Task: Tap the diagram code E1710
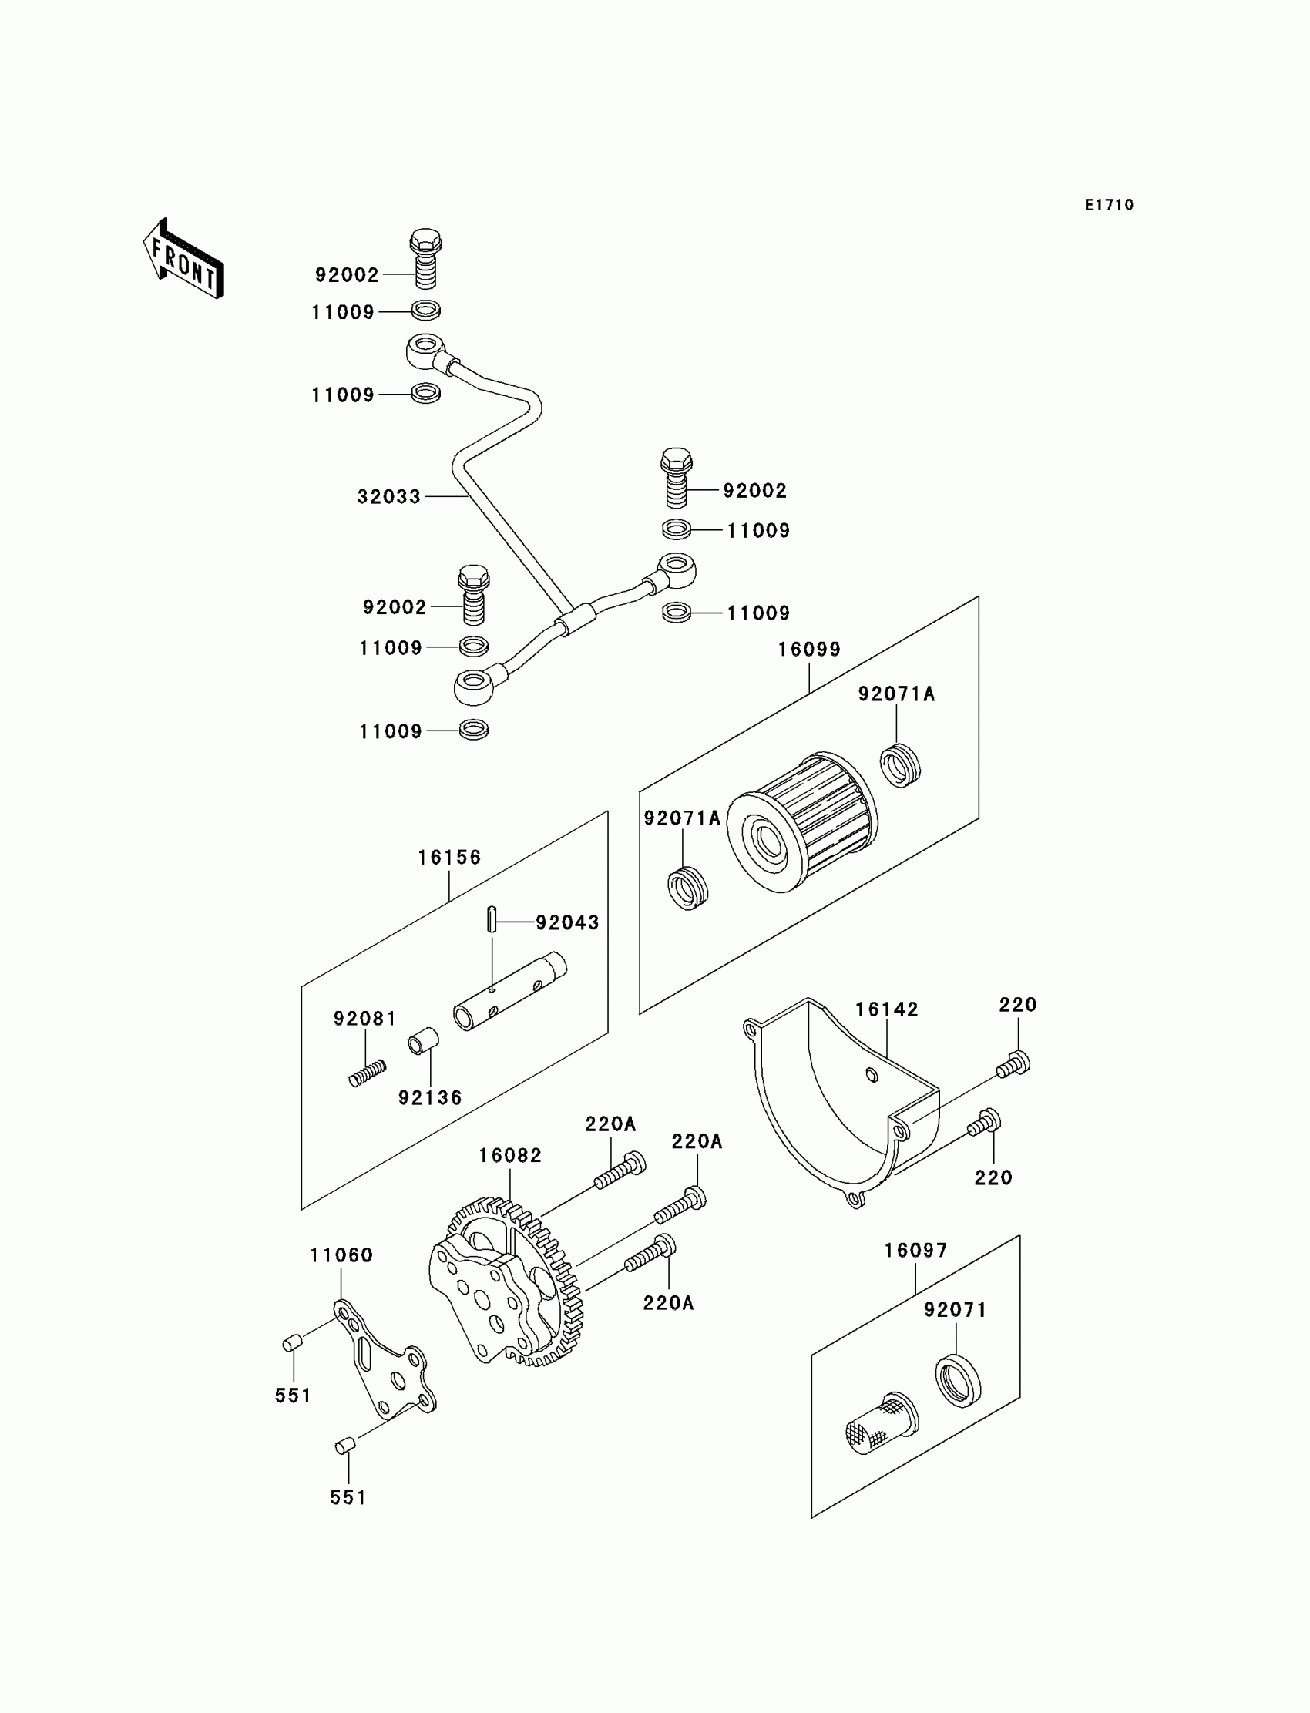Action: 1109,205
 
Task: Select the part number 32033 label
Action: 388,497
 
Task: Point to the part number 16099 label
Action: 808,650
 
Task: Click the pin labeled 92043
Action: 492,919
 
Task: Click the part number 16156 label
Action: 449,858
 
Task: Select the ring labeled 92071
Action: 958,1381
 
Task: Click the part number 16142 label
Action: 887,1009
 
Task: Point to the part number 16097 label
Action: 915,1251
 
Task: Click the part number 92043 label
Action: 567,922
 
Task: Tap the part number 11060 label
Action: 341,1255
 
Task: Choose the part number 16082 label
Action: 510,1156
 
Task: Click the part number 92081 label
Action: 365,1019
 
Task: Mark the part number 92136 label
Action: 431,1098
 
